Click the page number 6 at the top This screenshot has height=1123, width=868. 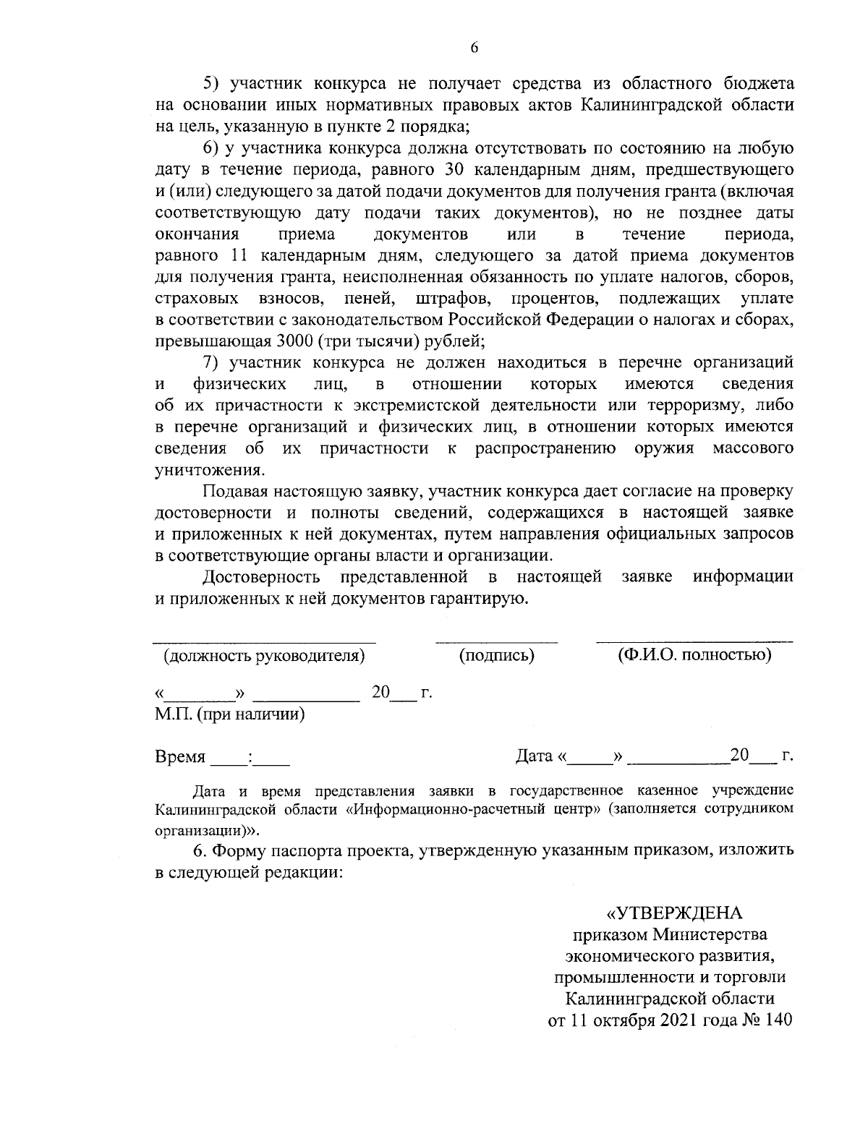click(x=474, y=48)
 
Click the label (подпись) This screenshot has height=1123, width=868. click(x=497, y=655)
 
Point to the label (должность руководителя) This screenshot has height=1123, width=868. click(x=263, y=656)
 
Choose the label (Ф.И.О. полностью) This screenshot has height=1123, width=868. click(x=694, y=655)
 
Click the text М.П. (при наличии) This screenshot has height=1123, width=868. click(x=229, y=714)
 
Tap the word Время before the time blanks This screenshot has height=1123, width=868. click(x=180, y=757)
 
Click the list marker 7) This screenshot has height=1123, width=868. click(x=211, y=362)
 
